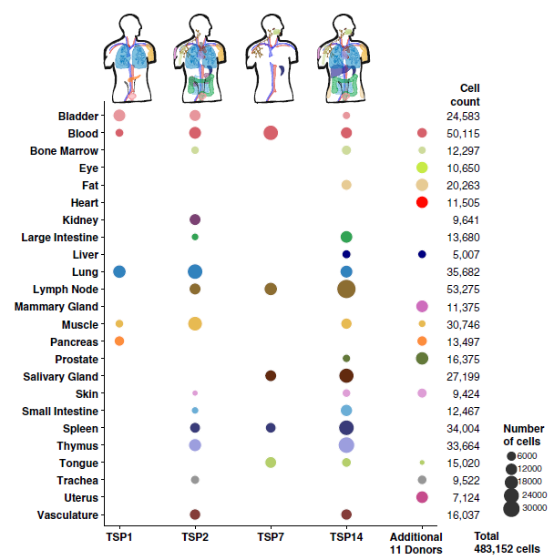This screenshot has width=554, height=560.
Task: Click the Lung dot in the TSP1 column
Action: pos(119,271)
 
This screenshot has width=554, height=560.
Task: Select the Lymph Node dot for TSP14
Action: pos(346,289)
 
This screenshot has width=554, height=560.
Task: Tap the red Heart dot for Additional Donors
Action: pos(422,202)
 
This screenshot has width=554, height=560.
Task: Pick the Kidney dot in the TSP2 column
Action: pos(195,219)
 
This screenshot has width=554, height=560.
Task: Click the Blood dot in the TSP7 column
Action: pos(271,133)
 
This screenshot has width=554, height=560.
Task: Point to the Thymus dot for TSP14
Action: pos(346,444)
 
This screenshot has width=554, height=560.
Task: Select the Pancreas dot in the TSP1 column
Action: pos(119,341)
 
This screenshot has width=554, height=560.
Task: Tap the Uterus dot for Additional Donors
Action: pos(422,497)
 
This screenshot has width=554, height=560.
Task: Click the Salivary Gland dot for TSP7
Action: pos(271,375)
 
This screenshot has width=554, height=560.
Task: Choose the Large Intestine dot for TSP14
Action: pos(346,237)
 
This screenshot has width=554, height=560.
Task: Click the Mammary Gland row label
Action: pos(56,307)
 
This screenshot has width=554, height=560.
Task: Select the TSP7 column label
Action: pos(270,538)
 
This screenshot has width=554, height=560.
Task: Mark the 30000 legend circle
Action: pos(511,507)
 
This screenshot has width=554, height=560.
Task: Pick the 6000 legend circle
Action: pos(511,455)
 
